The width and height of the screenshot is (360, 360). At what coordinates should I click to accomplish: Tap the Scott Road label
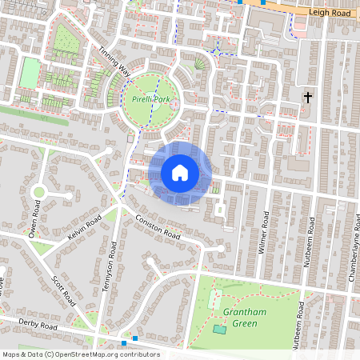(x=62, y=291)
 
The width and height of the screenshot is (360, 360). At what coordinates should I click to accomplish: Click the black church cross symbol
(x=307, y=98)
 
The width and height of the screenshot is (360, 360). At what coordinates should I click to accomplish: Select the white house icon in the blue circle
(x=180, y=172)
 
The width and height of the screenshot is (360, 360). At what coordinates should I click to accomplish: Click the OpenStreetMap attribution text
(x=81, y=354)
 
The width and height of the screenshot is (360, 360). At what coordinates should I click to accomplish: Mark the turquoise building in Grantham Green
(x=219, y=330)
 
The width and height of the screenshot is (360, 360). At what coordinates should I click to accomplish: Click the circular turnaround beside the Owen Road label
(x=38, y=192)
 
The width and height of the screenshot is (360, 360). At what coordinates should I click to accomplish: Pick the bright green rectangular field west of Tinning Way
(x=30, y=74)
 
